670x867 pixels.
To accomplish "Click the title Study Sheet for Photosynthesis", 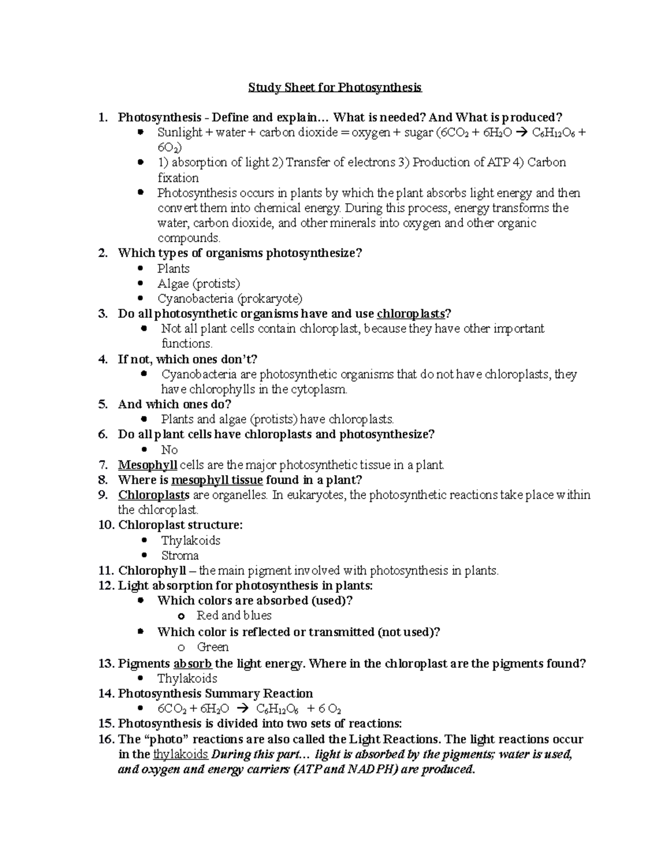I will [x=335, y=88].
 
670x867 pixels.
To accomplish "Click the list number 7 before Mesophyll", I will [x=102, y=465].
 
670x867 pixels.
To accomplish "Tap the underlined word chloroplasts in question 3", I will [x=411, y=314].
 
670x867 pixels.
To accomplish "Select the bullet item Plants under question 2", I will [x=173, y=269].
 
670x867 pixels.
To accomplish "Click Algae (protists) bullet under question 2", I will [x=198, y=284].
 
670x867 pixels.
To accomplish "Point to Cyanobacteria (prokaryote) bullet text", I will [x=229, y=299].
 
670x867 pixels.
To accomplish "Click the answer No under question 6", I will [x=169, y=450].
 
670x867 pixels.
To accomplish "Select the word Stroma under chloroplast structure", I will [x=180, y=555].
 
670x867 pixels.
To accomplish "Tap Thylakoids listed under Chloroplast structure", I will [x=190, y=540].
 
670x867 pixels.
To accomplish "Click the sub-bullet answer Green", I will [x=213, y=647].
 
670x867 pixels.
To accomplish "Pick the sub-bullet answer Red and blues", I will [x=234, y=616].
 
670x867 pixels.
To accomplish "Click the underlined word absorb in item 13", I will [x=193, y=664].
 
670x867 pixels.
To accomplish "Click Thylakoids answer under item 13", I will [x=187, y=679].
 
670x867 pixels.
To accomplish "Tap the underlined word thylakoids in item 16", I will [x=180, y=755].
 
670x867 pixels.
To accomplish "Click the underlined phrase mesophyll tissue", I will [x=217, y=480].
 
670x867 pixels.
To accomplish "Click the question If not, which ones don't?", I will [x=188, y=359].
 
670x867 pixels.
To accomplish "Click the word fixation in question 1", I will [x=178, y=178].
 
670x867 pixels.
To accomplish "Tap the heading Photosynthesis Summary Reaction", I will [x=215, y=694].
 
